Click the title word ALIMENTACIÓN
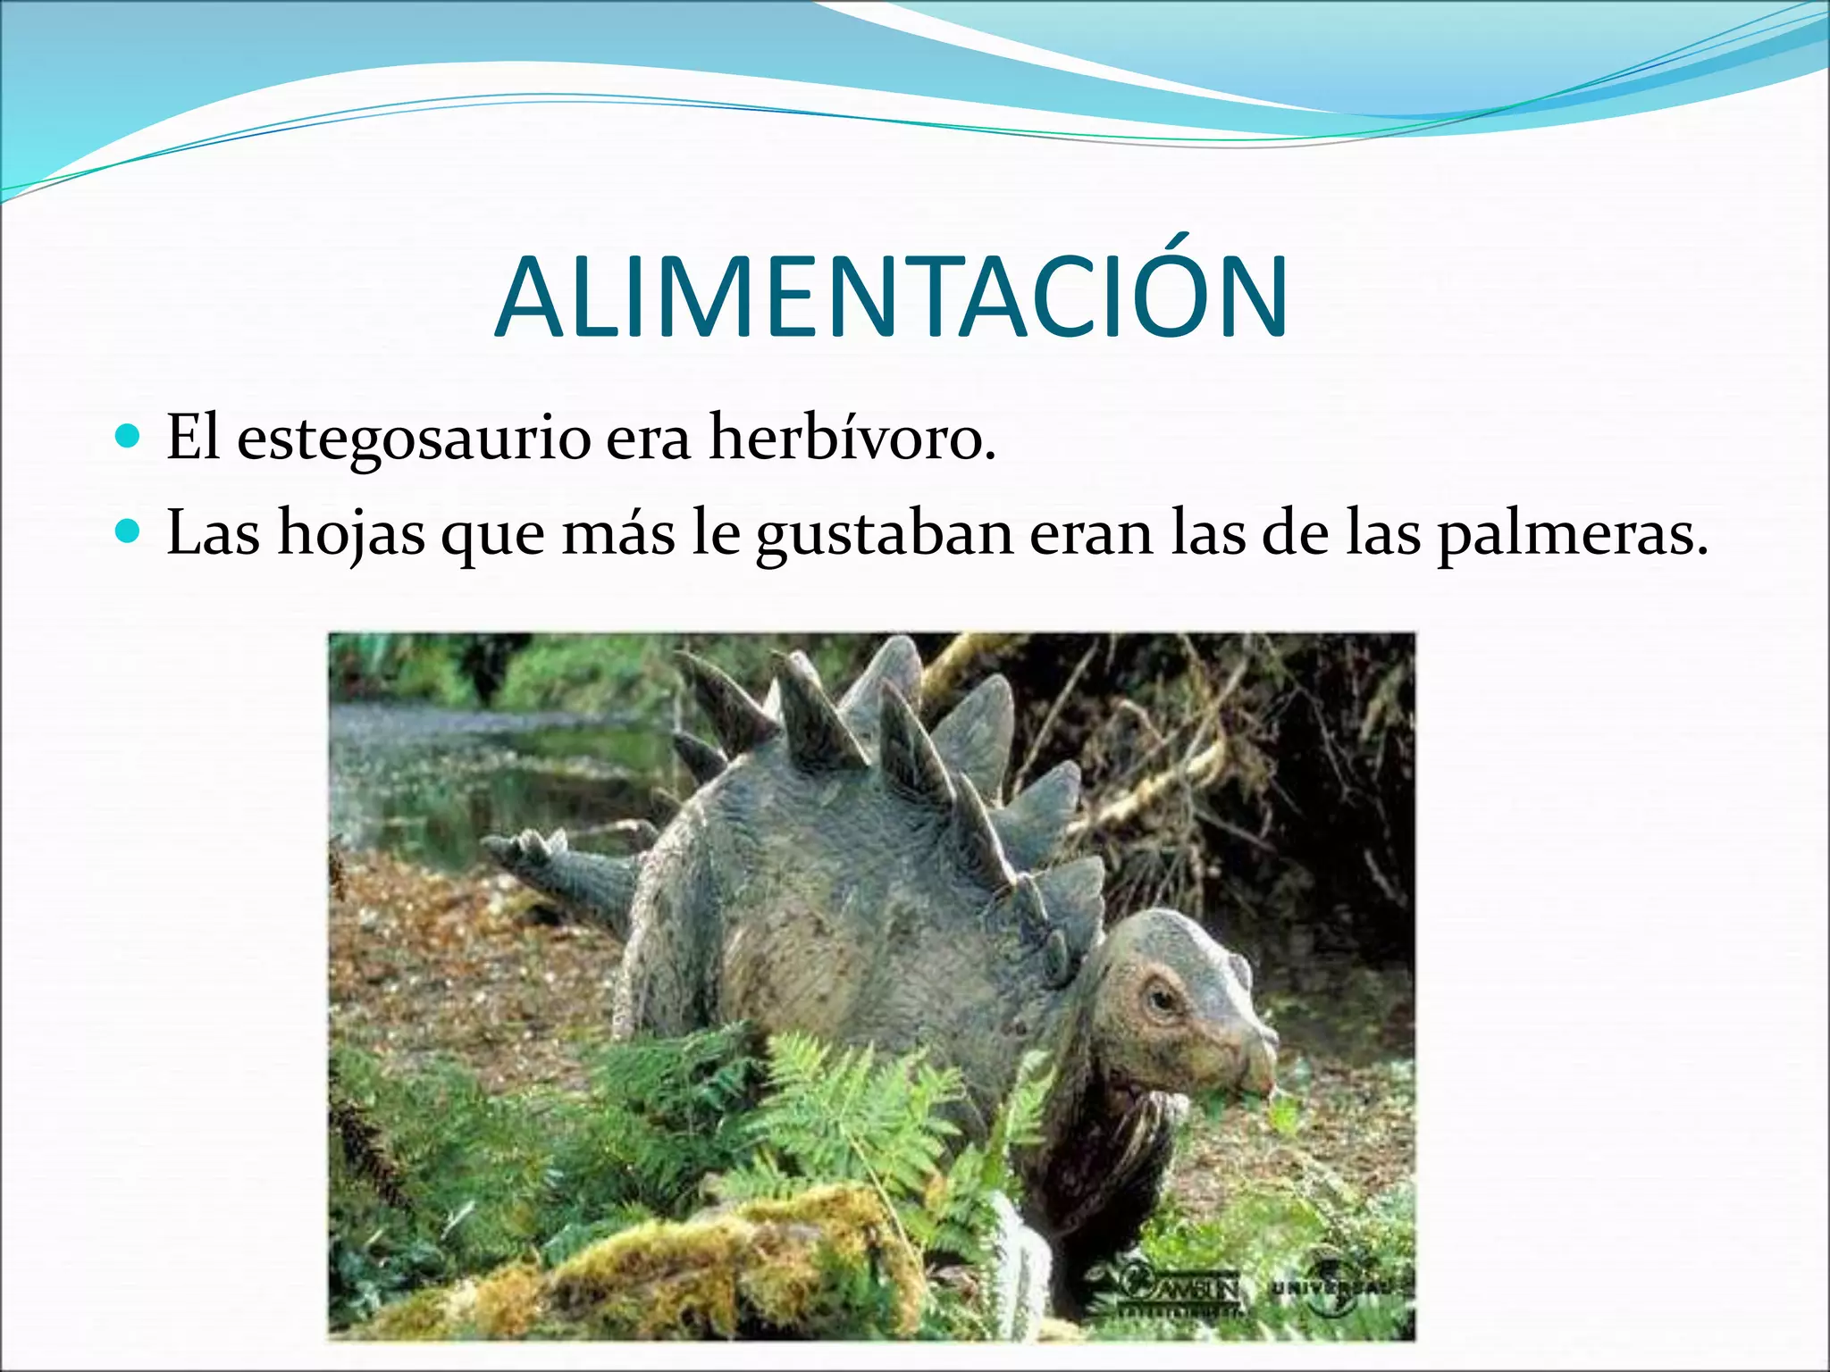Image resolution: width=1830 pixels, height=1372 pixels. pyautogui.click(x=891, y=298)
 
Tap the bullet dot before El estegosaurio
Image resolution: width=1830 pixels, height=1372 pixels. pyautogui.click(x=129, y=437)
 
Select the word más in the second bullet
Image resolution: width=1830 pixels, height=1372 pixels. pyautogui.click(x=617, y=534)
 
